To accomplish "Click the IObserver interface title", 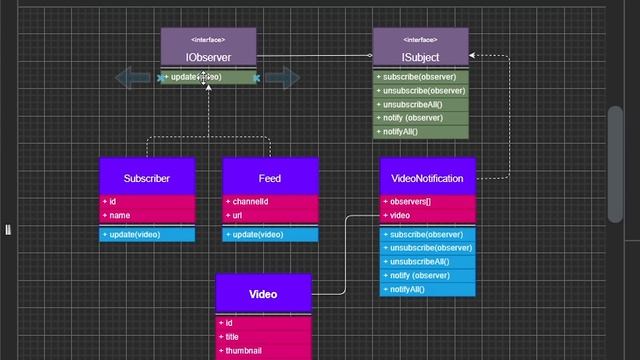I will (x=209, y=57).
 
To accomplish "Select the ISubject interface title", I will (x=420, y=57).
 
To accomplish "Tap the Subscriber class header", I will (x=147, y=178).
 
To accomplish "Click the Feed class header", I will (x=270, y=178).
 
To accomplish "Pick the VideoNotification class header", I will (x=428, y=178).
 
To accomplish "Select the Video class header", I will (x=263, y=295).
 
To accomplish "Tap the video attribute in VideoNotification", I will (x=401, y=215).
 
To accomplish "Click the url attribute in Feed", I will (x=239, y=215).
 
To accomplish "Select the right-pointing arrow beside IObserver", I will (x=284, y=77).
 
